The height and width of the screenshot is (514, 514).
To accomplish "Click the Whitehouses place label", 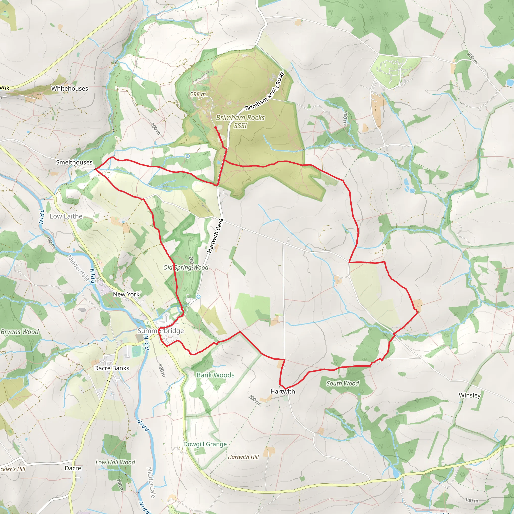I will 70,89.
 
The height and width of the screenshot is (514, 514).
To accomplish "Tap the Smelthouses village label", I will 74,162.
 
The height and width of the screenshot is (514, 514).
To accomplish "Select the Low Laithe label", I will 66,216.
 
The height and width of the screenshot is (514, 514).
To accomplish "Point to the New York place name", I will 126,294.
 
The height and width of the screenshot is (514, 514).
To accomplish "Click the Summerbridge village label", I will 160,331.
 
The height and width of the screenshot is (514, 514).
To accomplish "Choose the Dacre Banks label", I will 111,368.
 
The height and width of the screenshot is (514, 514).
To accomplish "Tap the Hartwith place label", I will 283,391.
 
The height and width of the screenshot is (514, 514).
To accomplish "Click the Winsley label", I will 470,395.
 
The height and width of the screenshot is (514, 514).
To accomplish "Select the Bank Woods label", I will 216,375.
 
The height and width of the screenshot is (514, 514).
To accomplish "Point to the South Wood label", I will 342,383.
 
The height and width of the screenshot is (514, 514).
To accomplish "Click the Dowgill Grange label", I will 205,444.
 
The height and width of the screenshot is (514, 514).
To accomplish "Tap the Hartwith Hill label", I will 243,457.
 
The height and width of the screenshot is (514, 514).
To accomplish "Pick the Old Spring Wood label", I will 186,267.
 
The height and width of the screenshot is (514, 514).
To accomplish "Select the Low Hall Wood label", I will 115,462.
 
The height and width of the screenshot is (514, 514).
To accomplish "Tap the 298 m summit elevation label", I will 198,94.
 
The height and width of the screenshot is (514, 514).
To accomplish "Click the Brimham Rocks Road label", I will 265,91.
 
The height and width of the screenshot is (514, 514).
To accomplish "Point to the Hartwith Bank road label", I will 216,235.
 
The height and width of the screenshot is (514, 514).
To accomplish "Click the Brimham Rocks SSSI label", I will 240,121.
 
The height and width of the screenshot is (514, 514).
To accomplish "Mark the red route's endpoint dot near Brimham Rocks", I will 215,128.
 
